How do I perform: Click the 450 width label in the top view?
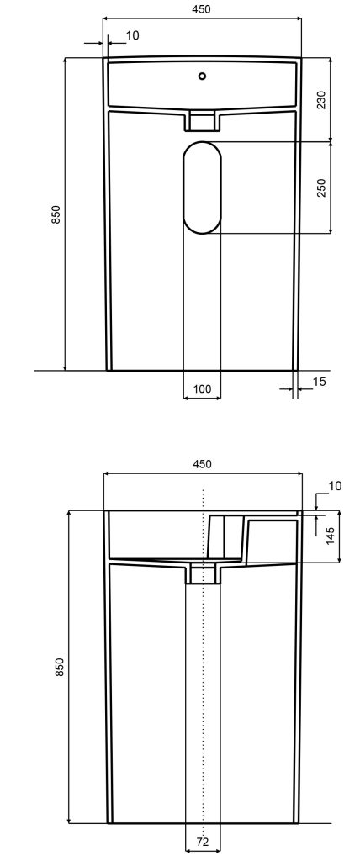(202, 8)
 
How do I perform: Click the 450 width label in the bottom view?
(202, 464)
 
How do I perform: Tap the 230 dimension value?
(321, 99)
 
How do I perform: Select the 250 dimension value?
(321, 188)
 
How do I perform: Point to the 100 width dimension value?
(202, 388)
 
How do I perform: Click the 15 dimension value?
(319, 381)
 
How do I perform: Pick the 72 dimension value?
(202, 842)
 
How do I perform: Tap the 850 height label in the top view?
(56, 214)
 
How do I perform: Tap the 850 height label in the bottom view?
(60, 667)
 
